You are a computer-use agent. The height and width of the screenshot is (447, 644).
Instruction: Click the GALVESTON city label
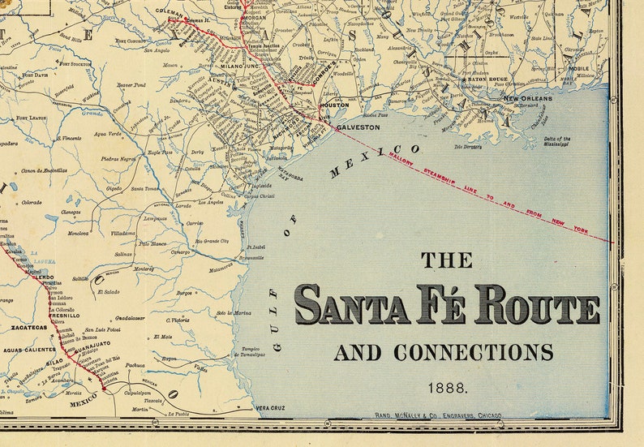pyautogui.click(x=358, y=127)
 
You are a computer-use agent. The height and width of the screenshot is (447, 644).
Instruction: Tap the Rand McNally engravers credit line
pyautogui.click(x=438, y=415)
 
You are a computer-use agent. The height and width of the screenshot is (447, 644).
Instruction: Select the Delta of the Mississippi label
pyautogui.click(x=557, y=143)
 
